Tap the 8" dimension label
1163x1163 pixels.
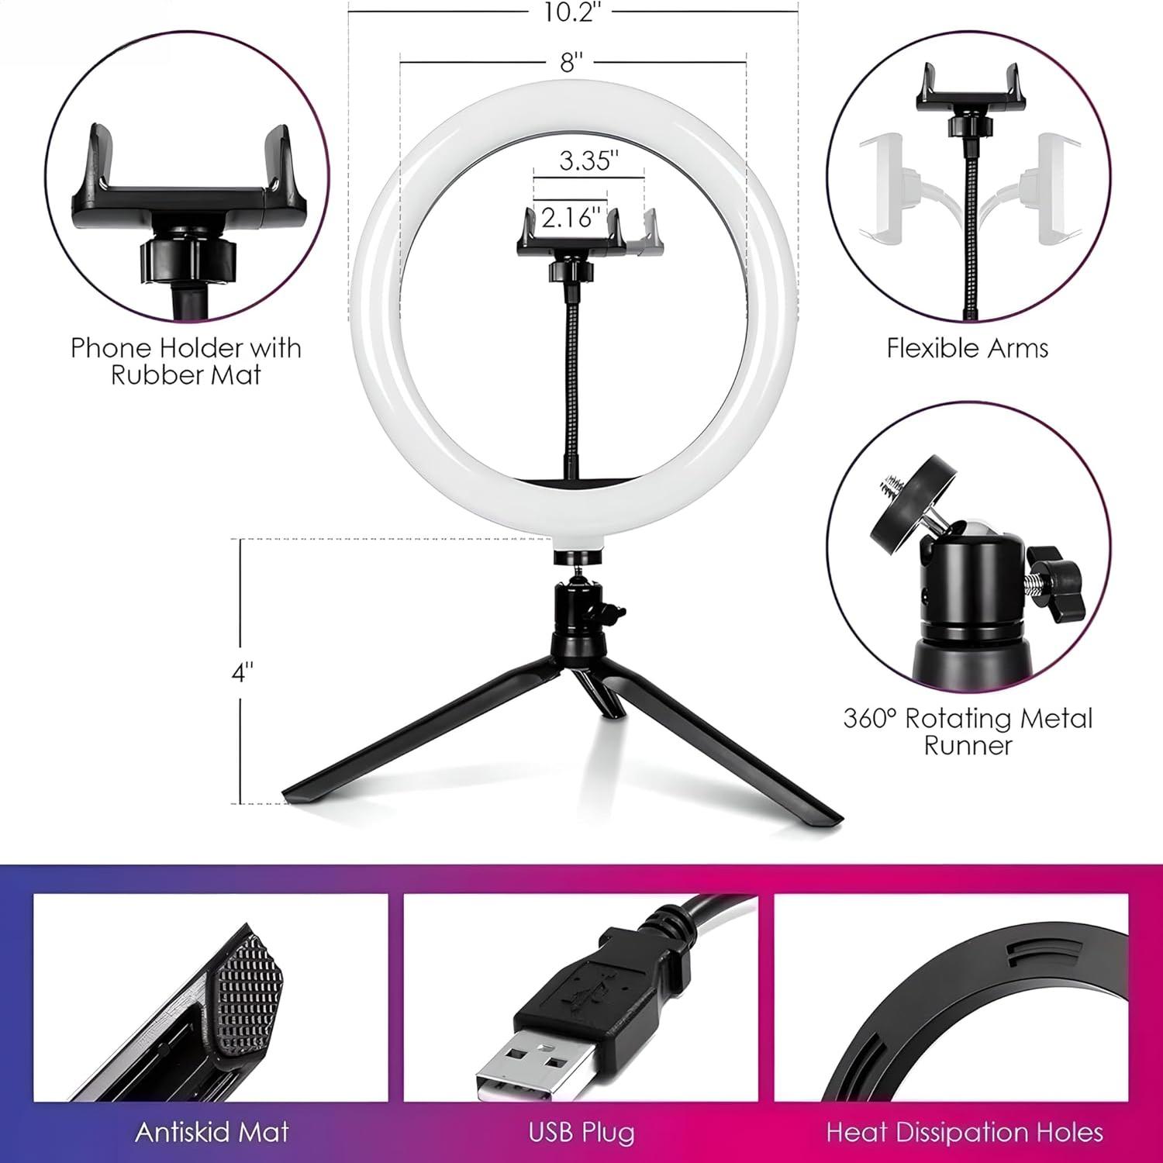[572, 62]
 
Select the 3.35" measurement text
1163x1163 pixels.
[589, 161]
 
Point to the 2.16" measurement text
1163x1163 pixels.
[571, 218]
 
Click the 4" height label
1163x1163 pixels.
[243, 672]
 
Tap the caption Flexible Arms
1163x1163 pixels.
[967, 348]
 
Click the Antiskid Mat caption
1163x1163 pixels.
[212, 1132]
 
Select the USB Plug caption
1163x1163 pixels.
[581, 1132]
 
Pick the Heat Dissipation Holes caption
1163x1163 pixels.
[965, 1132]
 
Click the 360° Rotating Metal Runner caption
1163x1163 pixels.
[968, 731]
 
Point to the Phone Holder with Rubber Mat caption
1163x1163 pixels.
[186, 361]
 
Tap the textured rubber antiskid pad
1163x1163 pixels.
[247, 1000]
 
